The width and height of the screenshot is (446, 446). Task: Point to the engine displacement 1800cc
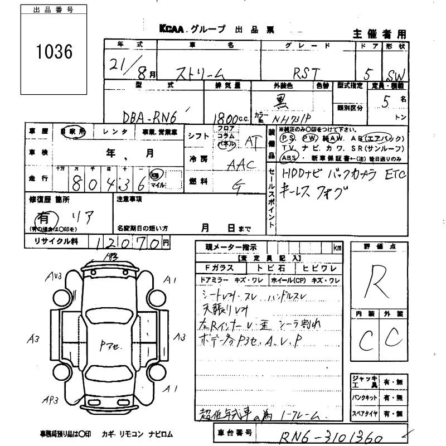coord(226,118)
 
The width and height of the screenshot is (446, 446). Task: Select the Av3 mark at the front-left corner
coord(54,276)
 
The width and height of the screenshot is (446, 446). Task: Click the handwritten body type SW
coord(396,74)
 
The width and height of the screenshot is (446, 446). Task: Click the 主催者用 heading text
coord(380,34)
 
